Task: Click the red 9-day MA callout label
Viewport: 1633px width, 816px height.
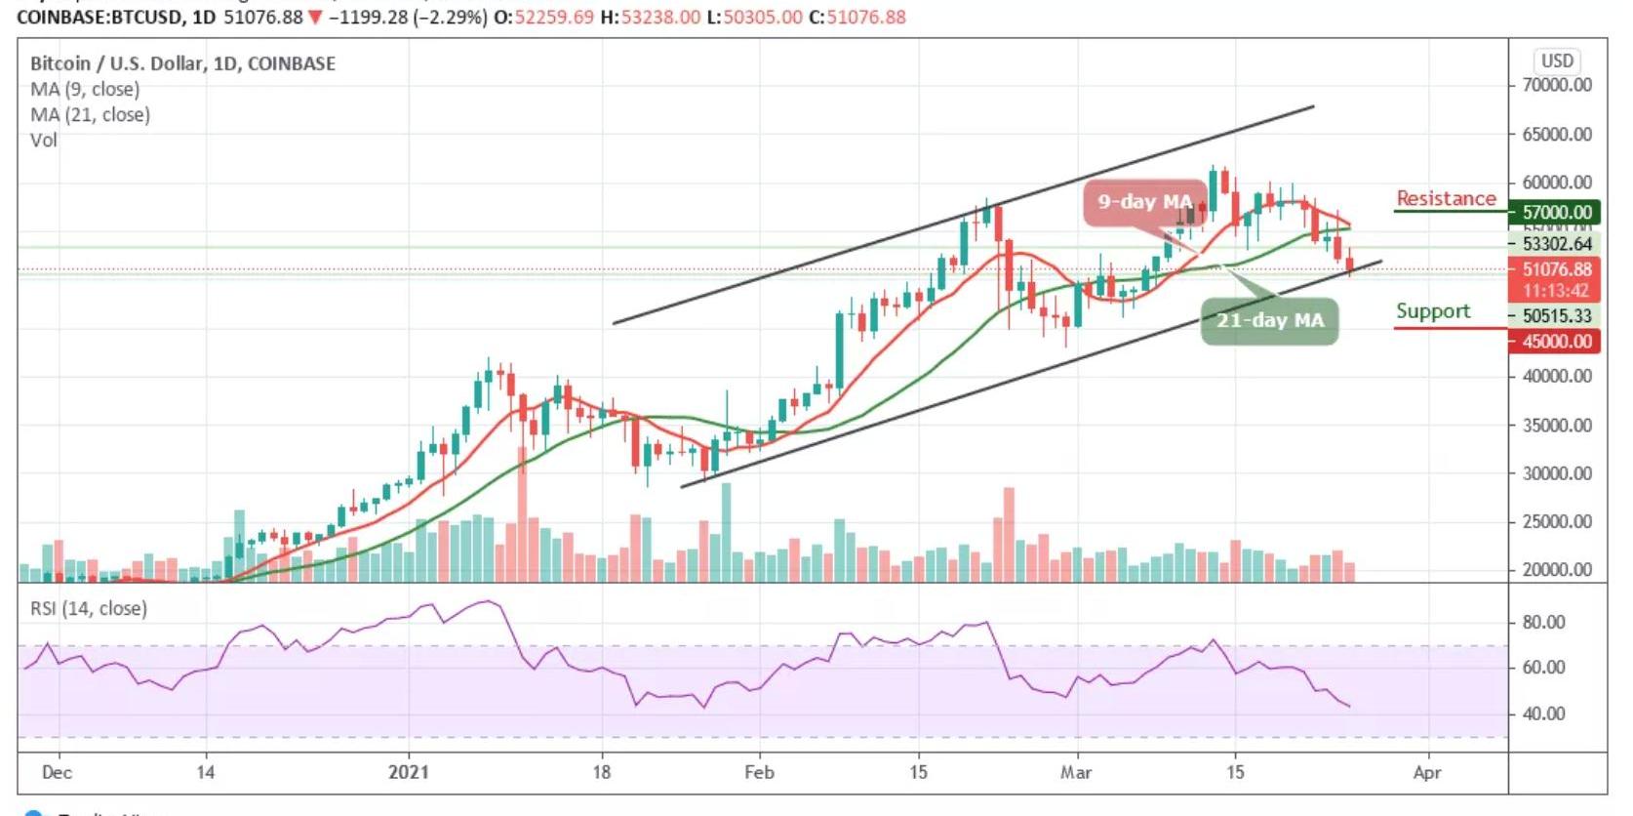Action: pyautogui.click(x=1143, y=203)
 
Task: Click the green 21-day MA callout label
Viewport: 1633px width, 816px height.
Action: pyautogui.click(x=1269, y=321)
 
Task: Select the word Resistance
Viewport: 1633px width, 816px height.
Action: pyautogui.click(x=1446, y=198)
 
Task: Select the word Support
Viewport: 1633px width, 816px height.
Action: pyautogui.click(x=1432, y=311)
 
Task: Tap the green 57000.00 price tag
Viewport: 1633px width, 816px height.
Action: pyautogui.click(x=1557, y=212)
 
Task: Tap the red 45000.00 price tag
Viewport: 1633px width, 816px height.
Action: pyautogui.click(x=1557, y=342)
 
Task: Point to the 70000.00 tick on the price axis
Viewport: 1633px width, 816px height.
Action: pyautogui.click(x=1557, y=85)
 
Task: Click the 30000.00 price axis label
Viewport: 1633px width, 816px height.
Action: pyautogui.click(x=1557, y=473)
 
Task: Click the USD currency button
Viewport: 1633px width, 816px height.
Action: pyautogui.click(x=1557, y=61)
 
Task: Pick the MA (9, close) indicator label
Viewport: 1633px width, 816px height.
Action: pyautogui.click(x=85, y=90)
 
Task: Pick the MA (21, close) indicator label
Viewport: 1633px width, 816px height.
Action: pyautogui.click(x=90, y=115)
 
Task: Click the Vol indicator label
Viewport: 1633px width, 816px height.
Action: pyautogui.click(x=44, y=141)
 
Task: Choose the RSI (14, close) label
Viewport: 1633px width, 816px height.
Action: pyautogui.click(x=89, y=609)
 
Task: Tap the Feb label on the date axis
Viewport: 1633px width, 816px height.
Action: pyautogui.click(x=759, y=772)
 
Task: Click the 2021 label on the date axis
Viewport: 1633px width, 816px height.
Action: pyautogui.click(x=408, y=772)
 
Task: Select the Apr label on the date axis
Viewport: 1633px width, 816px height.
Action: pyautogui.click(x=1427, y=772)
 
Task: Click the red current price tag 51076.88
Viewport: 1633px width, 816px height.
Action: pyautogui.click(x=1557, y=269)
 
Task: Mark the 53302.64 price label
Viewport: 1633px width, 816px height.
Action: pyautogui.click(x=1557, y=244)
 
